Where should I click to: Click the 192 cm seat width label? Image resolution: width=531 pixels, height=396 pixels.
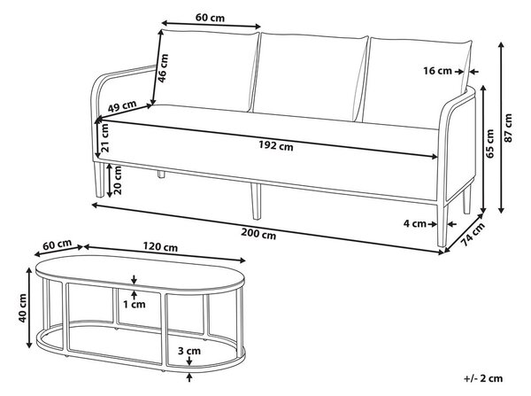pyautogui.click(x=276, y=145)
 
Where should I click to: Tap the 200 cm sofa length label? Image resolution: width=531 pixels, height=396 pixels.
pyautogui.click(x=258, y=234)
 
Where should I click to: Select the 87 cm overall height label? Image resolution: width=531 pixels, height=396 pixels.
pyautogui.click(x=508, y=128)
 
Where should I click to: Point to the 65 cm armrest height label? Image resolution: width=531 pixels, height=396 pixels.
pyautogui.click(x=489, y=144)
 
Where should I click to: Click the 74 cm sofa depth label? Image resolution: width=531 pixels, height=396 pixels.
pyautogui.click(x=473, y=234)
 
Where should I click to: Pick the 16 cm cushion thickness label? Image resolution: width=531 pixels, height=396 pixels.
pyautogui.click(x=437, y=71)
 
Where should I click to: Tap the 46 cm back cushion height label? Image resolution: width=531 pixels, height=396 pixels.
pyautogui.click(x=163, y=68)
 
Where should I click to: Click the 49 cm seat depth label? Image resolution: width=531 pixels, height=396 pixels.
pyautogui.click(x=122, y=106)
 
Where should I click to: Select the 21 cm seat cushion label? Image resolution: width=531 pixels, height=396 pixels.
pyautogui.click(x=104, y=138)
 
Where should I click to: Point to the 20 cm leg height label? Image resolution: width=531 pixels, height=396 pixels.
pyautogui.click(x=118, y=180)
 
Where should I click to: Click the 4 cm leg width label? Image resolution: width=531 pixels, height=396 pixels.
pyautogui.click(x=414, y=223)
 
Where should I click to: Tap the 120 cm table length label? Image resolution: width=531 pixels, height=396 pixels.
pyautogui.click(x=160, y=246)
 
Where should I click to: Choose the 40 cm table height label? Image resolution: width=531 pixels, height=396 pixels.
pyautogui.click(x=22, y=307)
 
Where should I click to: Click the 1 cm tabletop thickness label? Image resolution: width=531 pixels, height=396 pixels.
pyautogui.click(x=135, y=305)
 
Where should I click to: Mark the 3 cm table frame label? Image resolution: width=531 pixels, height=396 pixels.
pyautogui.click(x=189, y=351)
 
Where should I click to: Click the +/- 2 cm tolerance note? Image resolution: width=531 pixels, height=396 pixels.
pyautogui.click(x=483, y=378)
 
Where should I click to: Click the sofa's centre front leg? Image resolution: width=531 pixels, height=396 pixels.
pyautogui.click(x=256, y=201)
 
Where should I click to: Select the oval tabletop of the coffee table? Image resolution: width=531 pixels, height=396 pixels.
pyautogui.click(x=140, y=274)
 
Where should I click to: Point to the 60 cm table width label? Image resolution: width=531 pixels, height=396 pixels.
pyautogui.click(x=58, y=244)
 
